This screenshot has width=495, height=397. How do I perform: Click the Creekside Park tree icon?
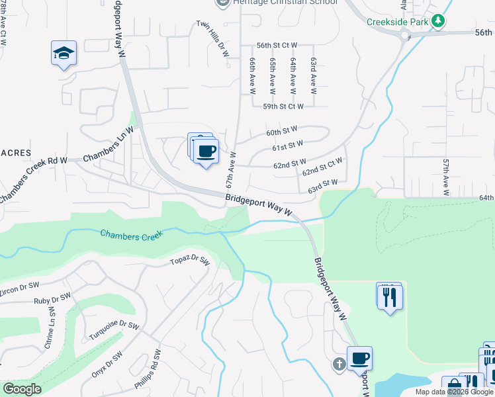click(437, 22)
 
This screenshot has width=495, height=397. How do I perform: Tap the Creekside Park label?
click(398, 22)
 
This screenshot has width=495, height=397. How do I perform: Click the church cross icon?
click(339, 364)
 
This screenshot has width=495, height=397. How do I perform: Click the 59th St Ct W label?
click(283, 106)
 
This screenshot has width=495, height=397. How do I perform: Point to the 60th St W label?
click(281, 132)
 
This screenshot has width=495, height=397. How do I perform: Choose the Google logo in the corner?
click(22, 389)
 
